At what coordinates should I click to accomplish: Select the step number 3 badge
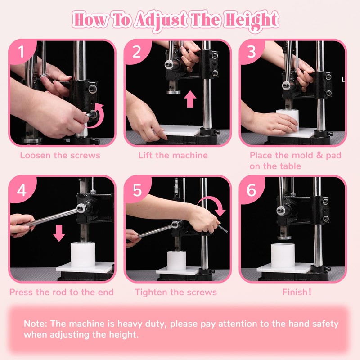(x=252, y=53)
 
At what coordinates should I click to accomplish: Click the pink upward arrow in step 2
(x=190, y=99)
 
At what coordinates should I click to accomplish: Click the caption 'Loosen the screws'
(x=60, y=156)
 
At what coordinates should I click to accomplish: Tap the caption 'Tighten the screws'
(x=176, y=292)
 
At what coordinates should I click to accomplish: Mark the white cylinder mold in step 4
(x=83, y=255)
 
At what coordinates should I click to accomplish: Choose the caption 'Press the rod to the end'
(x=62, y=292)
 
